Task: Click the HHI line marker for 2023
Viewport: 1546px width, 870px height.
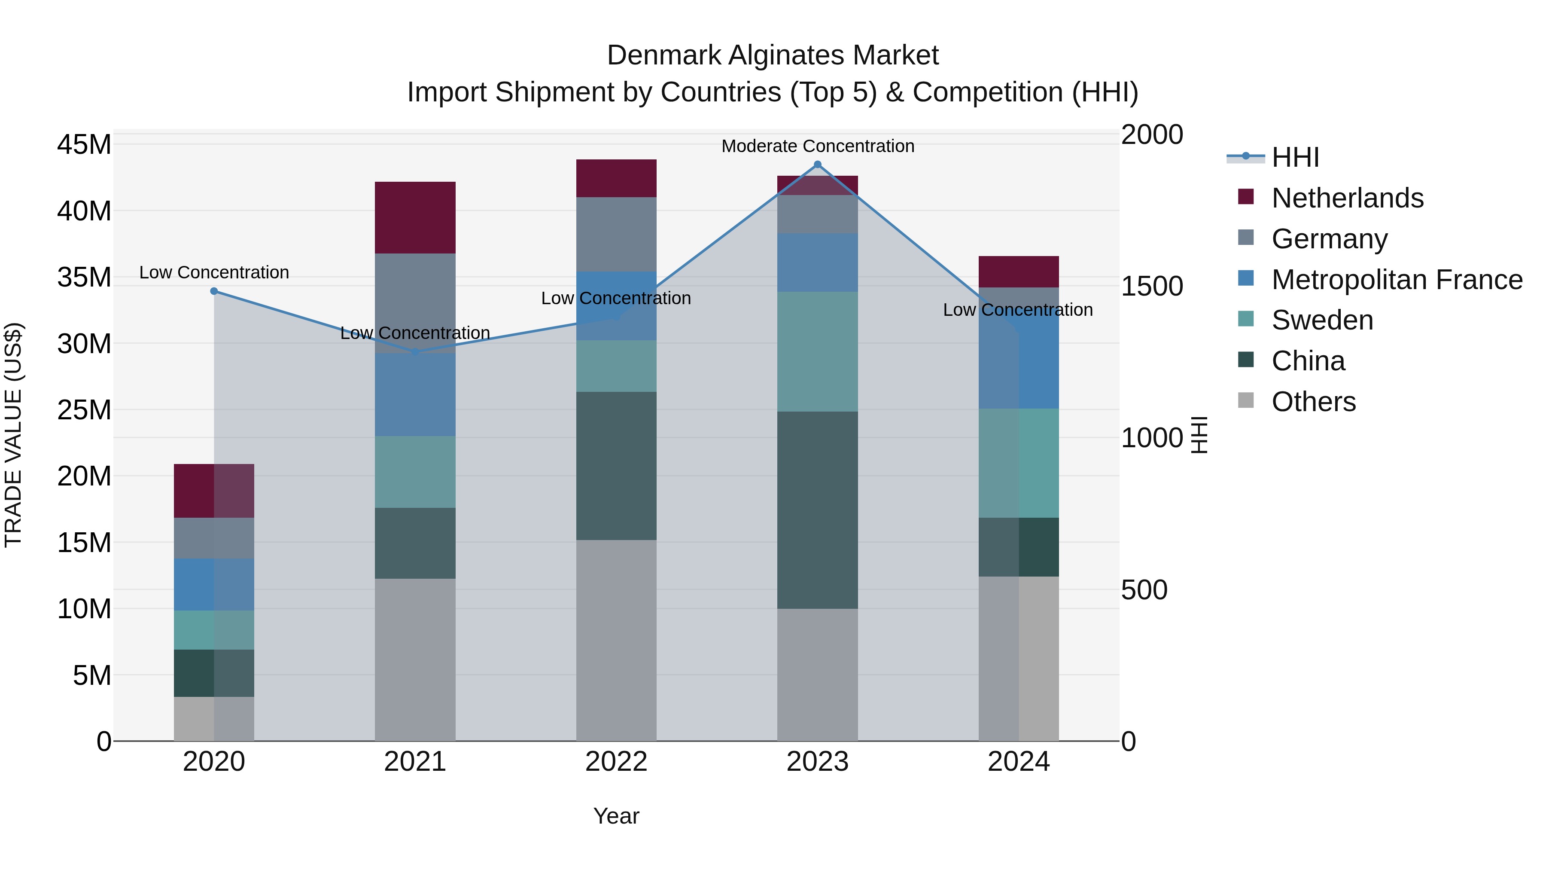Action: tap(817, 165)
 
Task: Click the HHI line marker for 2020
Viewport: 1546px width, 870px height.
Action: tap(214, 291)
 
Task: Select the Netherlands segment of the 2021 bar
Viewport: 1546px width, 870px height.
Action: tap(415, 217)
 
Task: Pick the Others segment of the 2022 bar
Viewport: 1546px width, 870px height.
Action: tap(616, 640)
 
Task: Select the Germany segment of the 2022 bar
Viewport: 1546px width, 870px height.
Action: tap(616, 234)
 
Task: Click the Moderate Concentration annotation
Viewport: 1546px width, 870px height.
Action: tap(817, 146)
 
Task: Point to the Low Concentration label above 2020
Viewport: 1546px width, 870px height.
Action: tap(214, 272)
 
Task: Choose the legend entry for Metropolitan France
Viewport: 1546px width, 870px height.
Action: tap(1397, 280)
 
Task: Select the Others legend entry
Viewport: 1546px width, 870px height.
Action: tap(1313, 402)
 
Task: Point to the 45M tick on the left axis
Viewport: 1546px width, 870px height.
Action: tap(84, 145)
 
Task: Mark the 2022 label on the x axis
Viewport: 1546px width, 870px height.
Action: tap(616, 762)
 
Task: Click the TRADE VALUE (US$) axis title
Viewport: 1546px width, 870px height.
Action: tap(13, 435)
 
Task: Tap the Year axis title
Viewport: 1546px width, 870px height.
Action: tap(616, 816)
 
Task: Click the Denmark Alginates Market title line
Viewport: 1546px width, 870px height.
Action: tap(773, 55)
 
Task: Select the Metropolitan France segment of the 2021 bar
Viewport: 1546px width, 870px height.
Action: tap(415, 394)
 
